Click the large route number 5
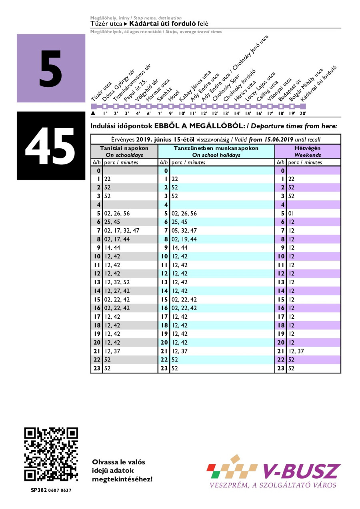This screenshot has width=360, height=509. click(51, 69)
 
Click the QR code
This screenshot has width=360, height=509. click(51, 455)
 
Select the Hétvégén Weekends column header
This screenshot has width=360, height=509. click(307, 151)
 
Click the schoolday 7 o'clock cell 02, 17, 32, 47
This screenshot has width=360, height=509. click(122, 230)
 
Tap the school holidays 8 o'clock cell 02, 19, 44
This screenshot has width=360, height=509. click(184, 239)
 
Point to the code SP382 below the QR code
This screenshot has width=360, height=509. click(39, 490)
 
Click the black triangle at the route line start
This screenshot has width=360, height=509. click(93, 114)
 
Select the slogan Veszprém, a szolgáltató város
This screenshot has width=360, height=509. click(273, 485)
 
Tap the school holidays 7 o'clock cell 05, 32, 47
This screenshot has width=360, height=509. click(184, 230)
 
